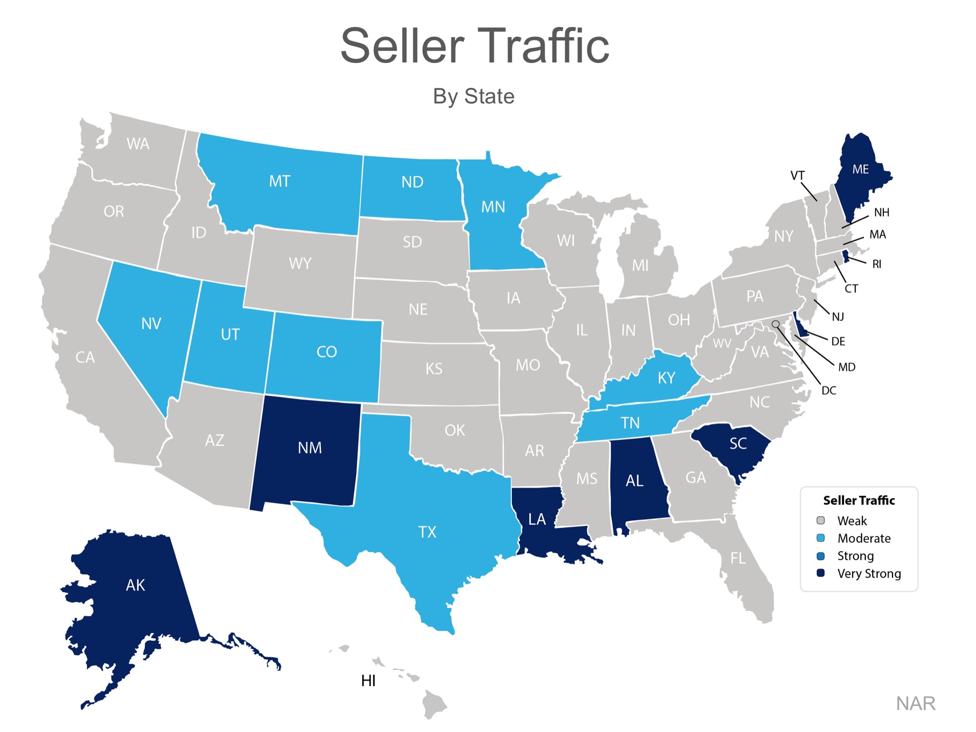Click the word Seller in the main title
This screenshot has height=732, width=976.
pos(403,46)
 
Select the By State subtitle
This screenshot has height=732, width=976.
pos(473,96)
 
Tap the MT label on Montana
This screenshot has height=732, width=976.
pos(280,182)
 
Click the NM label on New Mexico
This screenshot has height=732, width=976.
pos(309,448)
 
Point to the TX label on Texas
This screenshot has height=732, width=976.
pos(427,532)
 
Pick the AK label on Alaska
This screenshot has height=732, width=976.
pos(135,585)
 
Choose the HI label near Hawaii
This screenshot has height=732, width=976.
pos(368,681)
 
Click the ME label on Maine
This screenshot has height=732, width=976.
pos(860,169)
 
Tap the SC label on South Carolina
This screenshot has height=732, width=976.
pos(738,444)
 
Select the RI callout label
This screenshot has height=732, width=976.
pos(877,264)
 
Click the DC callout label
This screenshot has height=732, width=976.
pos(829,390)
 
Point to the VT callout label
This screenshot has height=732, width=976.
pos(797,176)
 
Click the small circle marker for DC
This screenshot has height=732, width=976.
pos(775,324)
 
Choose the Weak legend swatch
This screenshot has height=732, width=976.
pos(820,520)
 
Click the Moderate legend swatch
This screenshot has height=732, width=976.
pos(820,538)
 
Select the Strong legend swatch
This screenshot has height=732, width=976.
pos(820,556)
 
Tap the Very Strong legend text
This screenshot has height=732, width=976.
pos(869,573)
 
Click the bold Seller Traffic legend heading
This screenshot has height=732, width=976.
pos(859,500)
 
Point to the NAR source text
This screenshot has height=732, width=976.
pos(915,703)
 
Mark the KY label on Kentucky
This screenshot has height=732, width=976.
pos(666,378)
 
